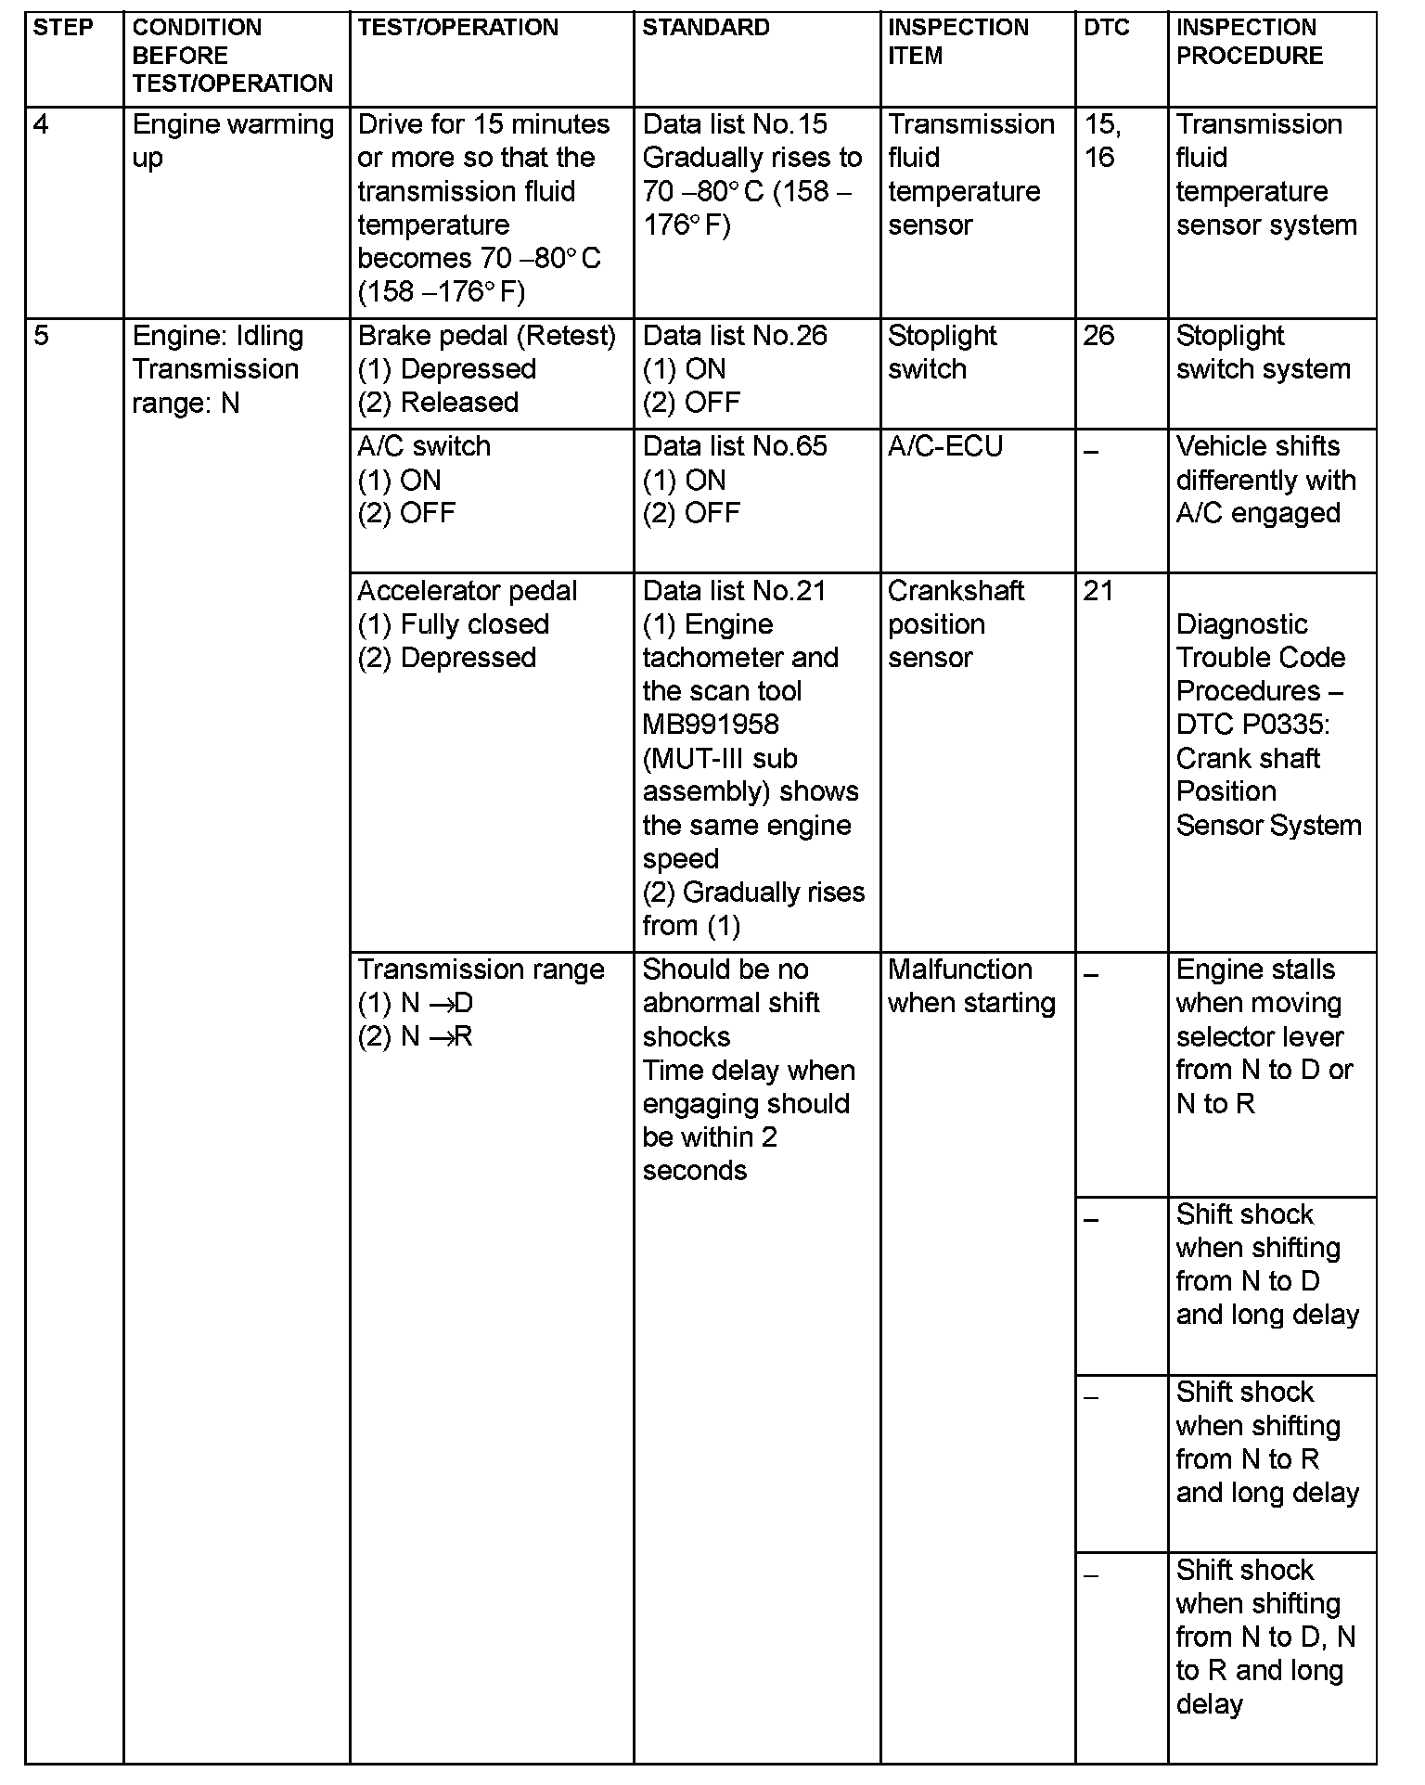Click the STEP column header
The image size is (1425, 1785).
[x=63, y=28]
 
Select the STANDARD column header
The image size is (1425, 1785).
[x=705, y=28]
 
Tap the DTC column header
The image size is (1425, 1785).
[x=1106, y=28]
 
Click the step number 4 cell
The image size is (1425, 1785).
[x=41, y=124]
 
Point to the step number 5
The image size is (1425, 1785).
[x=41, y=336]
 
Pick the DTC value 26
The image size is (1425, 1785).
[x=1098, y=336]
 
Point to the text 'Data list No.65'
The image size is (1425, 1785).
[x=734, y=447]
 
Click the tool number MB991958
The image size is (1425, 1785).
[x=710, y=725]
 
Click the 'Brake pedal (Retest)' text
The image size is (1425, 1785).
[x=486, y=336]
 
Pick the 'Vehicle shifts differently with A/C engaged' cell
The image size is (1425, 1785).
[x=1265, y=480]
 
